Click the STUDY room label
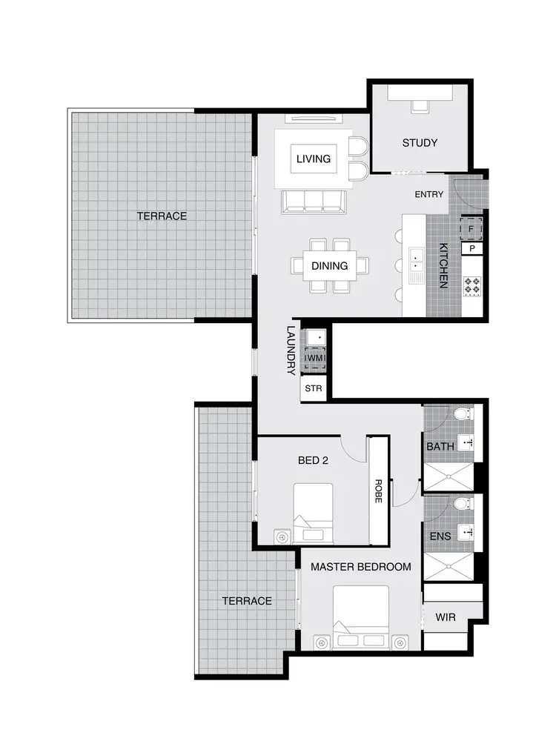pyautogui.click(x=420, y=143)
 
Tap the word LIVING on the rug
pyautogui.click(x=313, y=159)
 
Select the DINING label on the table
pyautogui.click(x=330, y=265)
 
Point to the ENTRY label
pyautogui.click(x=429, y=195)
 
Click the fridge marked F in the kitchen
pyautogui.click(x=471, y=229)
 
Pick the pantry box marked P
pyautogui.click(x=472, y=249)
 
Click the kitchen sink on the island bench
pyautogui.click(x=416, y=261)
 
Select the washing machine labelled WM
pyautogui.click(x=314, y=359)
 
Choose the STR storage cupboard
pyautogui.click(x=312, y=388)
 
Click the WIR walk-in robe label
pyautogui.click(x=446, y=616)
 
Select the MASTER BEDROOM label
pyautogui.click(x=360, y=567)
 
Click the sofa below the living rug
pyautogui.click(x=312, y=202)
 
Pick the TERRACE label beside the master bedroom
pyautogui.click(x=247, y=601)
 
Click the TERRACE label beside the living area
pyautogui.click(x=162, y=216)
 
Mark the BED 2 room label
pyautogui.click(x=313, y=460)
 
